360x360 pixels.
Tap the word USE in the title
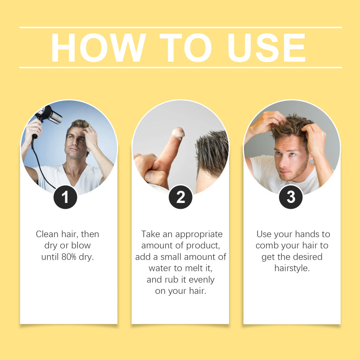(x=266, y=48)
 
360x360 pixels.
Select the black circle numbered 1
(x=65, y=197)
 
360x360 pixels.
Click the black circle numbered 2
(x=180, y=197)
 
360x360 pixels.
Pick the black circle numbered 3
(x=291, y=197)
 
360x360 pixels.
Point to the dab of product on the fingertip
(x=178, y=133)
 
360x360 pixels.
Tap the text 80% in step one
(x=69, y=256)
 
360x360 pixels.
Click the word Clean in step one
(x=47, y=234)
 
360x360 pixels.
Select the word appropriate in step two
(x=199, y=234)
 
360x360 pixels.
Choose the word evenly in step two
(x=202, y=280)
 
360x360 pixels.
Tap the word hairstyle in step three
(x=292, y=268)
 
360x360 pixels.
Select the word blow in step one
(x=81, y=245)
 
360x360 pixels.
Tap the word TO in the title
(x=185, y=48)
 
